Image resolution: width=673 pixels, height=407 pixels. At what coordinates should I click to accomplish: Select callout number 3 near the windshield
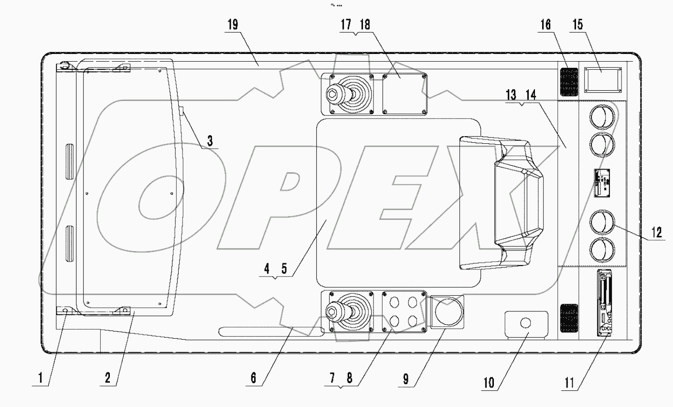(x=210, y=141)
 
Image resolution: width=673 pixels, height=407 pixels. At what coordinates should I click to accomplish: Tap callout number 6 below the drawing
(x=253, y=378)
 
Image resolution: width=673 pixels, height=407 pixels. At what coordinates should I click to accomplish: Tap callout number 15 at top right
(x=577, y=25)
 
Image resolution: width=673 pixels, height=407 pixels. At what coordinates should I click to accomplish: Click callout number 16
(x=545, y=25)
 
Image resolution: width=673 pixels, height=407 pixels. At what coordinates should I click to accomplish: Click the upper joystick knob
(x=332, y=93)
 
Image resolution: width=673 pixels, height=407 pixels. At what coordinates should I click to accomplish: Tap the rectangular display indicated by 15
(x=600, y=79)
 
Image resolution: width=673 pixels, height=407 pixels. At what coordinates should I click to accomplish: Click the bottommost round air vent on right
(x=602, y=251)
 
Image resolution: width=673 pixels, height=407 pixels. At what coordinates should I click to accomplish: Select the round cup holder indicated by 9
(x=448, y=311)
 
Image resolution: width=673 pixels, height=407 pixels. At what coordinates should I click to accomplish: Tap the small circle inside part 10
(x=525, y=323)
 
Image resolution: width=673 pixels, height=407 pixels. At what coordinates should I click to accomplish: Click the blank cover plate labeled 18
(x=404, y=94)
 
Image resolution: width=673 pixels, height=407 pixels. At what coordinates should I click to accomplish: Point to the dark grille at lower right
(x=568, y=318)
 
